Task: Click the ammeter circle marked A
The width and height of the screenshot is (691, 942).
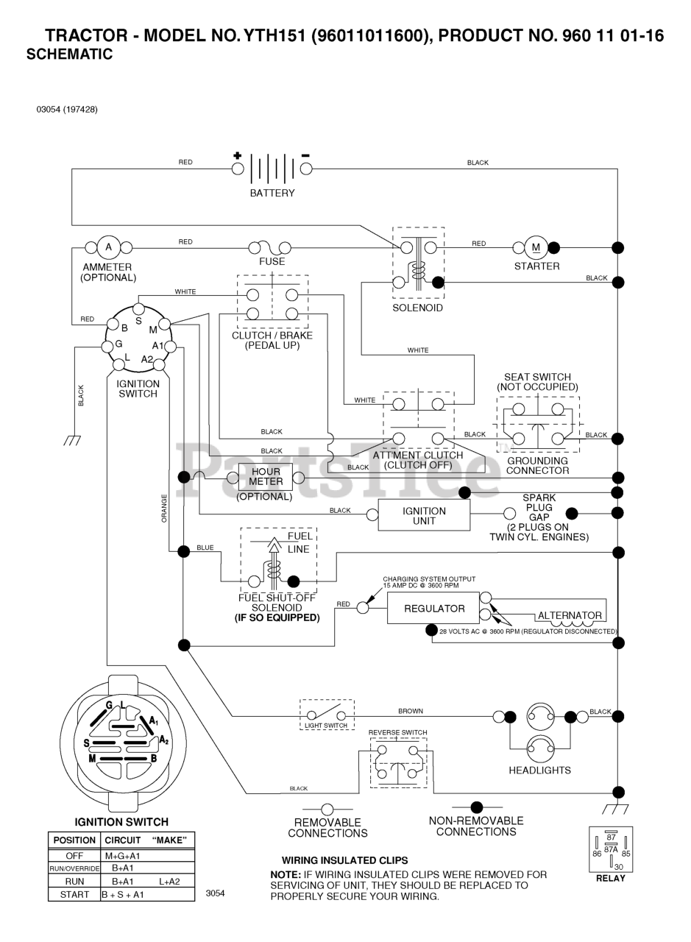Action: (x=109, y=247)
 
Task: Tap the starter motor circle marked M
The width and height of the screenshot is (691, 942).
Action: (x=536, y=247)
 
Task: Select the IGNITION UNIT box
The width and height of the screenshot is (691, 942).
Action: (x=424, y=515)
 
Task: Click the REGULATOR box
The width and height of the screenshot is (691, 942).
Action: (x=434, y=609)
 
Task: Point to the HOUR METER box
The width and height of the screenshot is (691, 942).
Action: (x=265, y=476)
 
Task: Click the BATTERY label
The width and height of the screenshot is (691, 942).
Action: (x=272, y=194)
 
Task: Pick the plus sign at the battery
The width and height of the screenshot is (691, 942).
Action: (x=237, y=155)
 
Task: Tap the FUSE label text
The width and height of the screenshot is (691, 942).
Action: (x=272, y=261)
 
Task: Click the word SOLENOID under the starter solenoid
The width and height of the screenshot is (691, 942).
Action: (x=417, y=308)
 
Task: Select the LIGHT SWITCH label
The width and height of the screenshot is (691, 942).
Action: (x=326, y=726)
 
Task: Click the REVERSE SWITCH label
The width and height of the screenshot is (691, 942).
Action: (x=397, y=732)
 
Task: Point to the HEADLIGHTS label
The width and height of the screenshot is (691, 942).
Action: (x=539, y=771)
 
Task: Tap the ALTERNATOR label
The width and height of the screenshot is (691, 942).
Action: (x=570, y=615)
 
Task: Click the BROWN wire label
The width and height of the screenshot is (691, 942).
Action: (x=411, y=712)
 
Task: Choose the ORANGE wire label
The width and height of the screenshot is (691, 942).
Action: (x=164, y=509)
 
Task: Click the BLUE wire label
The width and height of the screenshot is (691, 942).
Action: (x=205, y=548)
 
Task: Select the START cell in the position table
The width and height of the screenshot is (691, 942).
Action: (x=74, y=894)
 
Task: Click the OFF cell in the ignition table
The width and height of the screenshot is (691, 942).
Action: (x=74, y=856)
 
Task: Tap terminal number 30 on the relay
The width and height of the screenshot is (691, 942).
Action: (x=618, y=867)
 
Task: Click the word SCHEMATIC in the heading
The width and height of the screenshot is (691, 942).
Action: (x=69, y=54)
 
